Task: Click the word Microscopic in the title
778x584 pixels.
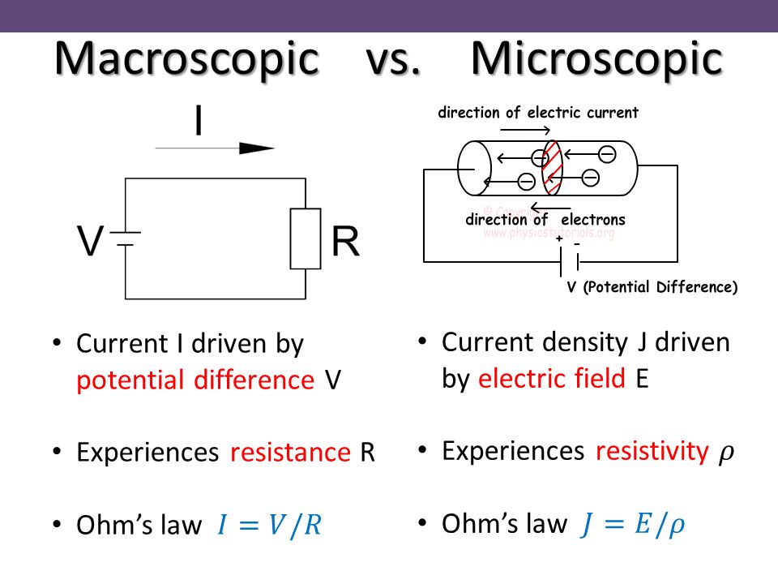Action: tap(596, 58)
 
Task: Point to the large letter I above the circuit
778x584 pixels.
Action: tap(199, 122)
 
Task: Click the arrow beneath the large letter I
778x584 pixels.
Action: tap(215, 148)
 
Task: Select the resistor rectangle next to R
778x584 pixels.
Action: tap(306, 238)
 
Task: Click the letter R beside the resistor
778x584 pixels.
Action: tap(345, 242)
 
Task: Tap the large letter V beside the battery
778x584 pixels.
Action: tap(91, 242)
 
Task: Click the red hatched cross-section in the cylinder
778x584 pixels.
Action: tap(553, 168)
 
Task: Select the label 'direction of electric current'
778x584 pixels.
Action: tap(538, 113)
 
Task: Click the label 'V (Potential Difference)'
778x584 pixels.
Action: tap(652, 287)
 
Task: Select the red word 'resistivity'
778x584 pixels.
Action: tap(652, 451)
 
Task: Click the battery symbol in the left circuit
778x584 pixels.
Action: tap(126, 238)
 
